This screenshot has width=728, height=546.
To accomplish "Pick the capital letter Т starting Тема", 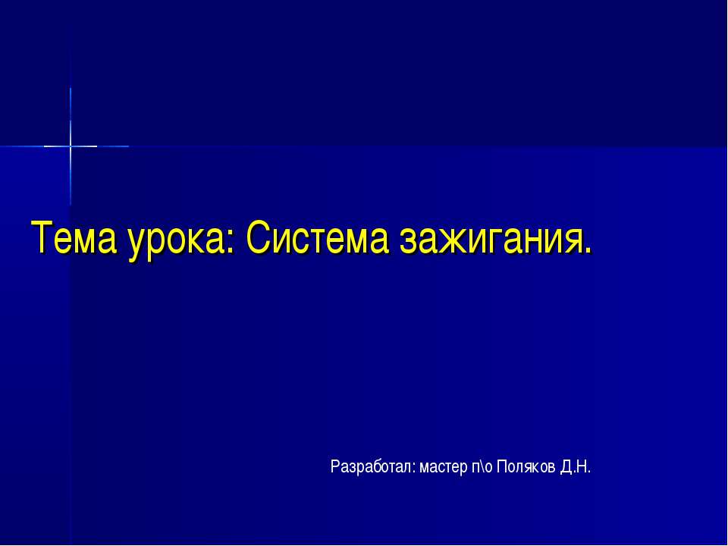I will (x=40, y=239).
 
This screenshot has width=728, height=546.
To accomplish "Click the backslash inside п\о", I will (x=482, y=466).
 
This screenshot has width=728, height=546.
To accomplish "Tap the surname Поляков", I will (x=526, y=466).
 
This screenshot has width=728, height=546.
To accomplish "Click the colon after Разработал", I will (x=414, y=469).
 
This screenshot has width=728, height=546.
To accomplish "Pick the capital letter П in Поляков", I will (x=501, y=466).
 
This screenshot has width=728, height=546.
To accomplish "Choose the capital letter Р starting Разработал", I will (x=334, y=466).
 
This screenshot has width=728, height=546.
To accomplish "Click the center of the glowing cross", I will (x=71, y=146).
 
